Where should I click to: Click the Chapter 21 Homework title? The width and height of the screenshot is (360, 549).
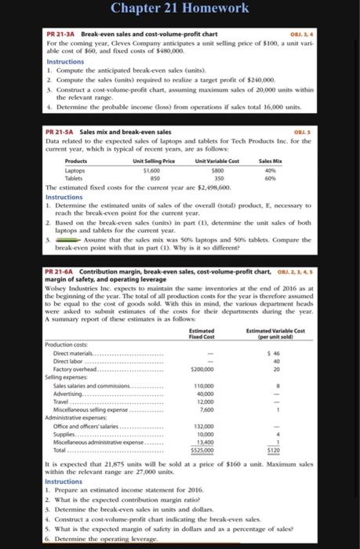click(x=180, y=9)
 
